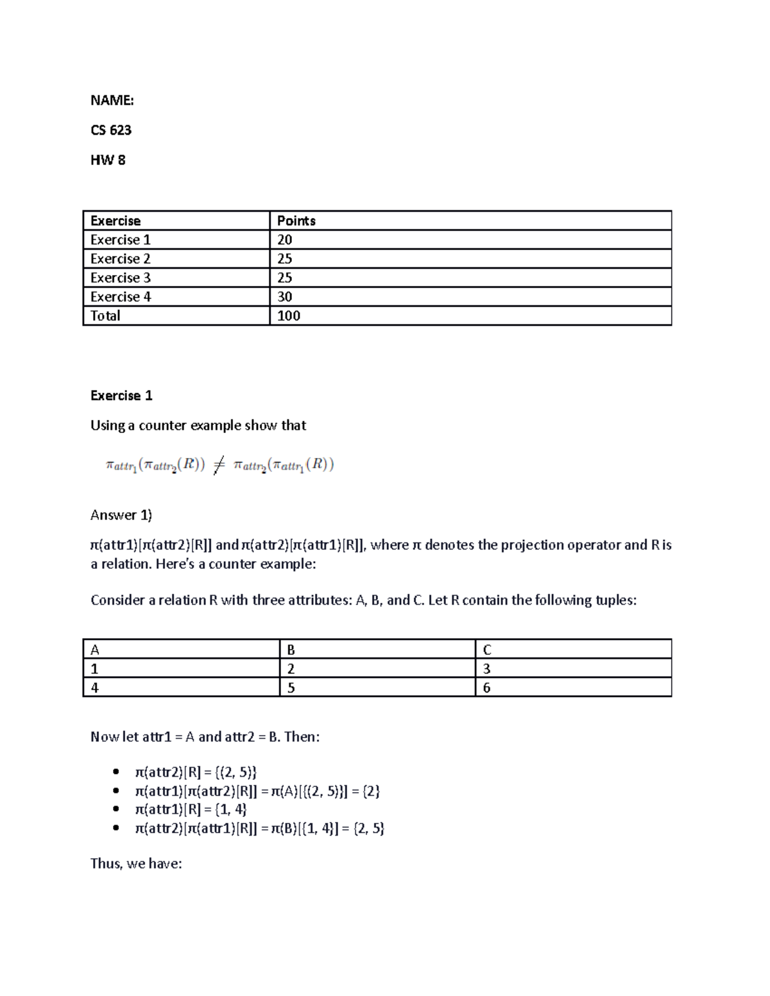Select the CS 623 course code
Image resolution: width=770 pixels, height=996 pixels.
111,130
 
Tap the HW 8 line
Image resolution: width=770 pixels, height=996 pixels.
108,160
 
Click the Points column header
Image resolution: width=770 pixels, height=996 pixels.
296,221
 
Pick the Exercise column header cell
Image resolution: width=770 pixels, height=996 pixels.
116,221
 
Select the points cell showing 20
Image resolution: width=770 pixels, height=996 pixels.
285,240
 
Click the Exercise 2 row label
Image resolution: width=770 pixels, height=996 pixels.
121,258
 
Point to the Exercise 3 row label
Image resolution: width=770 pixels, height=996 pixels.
121,278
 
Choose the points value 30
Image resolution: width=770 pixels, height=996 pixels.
285,297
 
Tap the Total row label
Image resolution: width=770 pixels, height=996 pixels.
105,316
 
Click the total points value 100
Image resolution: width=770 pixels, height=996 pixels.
289,316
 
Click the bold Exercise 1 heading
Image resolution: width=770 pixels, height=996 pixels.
121,396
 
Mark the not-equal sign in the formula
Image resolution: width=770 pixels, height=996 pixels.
219,465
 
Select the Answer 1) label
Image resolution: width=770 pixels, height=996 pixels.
121,515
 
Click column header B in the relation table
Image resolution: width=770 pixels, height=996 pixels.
291,650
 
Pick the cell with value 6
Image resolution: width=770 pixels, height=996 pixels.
486,688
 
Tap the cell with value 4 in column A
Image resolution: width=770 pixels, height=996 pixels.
95,688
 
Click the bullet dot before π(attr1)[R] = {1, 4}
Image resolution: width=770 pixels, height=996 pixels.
116,809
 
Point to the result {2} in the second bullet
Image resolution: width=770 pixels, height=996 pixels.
372,791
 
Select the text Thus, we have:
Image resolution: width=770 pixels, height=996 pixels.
136,863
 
